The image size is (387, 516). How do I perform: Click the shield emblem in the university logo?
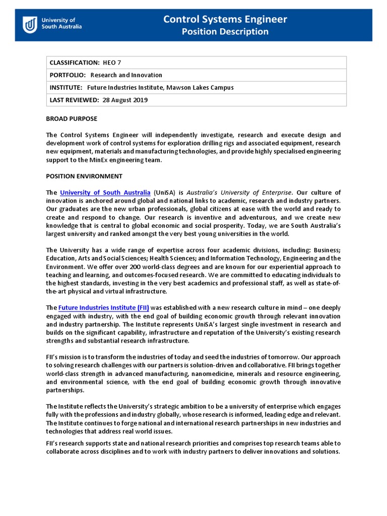coord(30,24)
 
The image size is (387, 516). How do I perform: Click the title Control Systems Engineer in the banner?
coord(225,19)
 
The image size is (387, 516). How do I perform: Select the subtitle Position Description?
coord(225,32)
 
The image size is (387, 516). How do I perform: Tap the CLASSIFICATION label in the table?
coord(74,62)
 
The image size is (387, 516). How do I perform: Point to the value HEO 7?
coord(112,62)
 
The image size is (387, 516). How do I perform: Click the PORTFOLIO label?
coord(68,75)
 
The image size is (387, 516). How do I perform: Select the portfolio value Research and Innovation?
coord(126,75)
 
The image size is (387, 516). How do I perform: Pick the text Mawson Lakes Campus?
coord(205,88)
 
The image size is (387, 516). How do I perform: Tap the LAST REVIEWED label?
coord(74,100)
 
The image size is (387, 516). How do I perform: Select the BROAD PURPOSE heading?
coord(72,119)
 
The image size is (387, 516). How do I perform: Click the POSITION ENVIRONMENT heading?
coord(84,176)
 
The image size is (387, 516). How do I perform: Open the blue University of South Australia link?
coord(105,192)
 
